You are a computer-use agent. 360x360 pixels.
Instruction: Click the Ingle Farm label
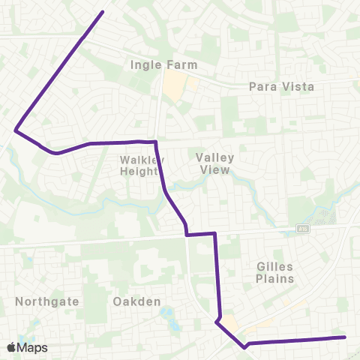163,65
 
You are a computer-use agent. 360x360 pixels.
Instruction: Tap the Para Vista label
281,87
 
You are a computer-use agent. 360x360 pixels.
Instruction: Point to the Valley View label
215,163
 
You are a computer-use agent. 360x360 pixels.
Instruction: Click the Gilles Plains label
274,272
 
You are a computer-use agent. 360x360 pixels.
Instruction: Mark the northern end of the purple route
103,12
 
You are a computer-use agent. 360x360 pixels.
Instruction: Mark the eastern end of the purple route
344,337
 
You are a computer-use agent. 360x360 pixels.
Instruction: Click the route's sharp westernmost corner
16,130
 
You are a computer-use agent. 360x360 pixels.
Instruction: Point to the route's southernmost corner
245,346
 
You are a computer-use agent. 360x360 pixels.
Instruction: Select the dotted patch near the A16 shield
323,217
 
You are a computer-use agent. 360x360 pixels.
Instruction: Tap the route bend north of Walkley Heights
154,142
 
